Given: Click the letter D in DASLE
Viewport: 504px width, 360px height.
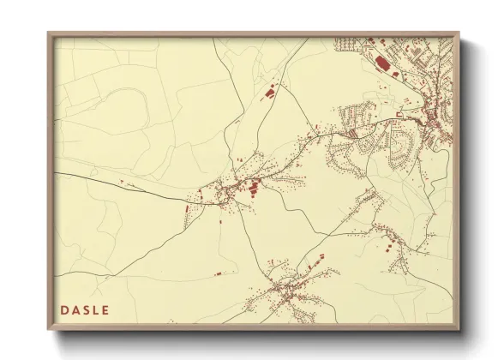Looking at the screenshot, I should point(65,309).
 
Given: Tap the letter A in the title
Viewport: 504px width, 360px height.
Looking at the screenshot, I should point(77,309).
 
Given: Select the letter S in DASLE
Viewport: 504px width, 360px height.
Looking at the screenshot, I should point(88,309).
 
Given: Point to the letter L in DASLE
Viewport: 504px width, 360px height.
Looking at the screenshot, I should point(99,309).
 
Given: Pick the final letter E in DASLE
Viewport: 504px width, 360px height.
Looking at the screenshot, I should point(108,309).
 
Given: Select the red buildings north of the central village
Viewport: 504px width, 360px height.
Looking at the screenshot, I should point(268,93).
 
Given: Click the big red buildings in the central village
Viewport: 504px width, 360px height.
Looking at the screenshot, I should point(254,187).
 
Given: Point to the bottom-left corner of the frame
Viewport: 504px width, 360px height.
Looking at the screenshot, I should point(49,329).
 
